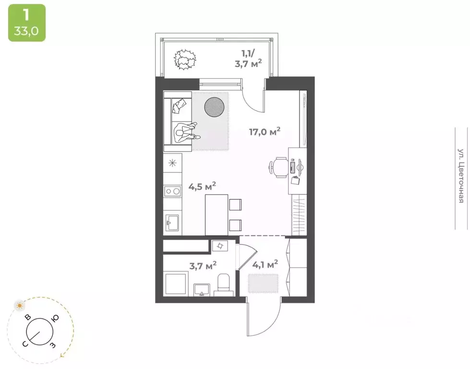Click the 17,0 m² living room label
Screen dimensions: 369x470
point(264,132)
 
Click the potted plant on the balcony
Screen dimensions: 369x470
point(185,60)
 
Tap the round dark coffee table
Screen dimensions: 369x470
point(214,106)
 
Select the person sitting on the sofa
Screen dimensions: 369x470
point(186,131)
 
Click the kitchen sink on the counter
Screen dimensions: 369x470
point(172,222)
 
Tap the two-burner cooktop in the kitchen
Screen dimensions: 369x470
point(172,192)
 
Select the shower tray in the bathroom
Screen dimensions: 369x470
point(174,284)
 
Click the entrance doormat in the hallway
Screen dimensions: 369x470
point(263,283)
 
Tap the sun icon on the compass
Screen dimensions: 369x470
point(19,305)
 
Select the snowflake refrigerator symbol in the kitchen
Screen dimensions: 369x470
point(172,162)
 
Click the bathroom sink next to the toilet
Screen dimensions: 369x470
point(202,289)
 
